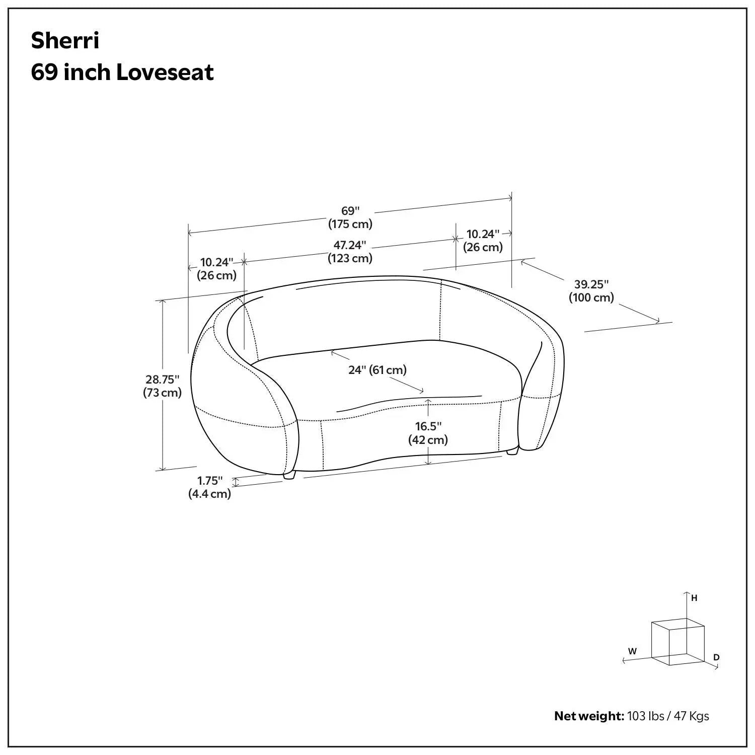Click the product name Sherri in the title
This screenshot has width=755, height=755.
point(65,41)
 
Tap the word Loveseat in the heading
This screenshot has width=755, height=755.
point(165,72)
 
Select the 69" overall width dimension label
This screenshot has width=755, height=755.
point(351,211)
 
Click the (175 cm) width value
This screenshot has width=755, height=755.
point(350,224)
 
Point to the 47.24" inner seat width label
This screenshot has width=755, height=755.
point(350,245)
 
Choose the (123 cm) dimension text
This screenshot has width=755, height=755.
point(350,258)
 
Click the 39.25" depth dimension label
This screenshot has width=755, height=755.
point(591,284)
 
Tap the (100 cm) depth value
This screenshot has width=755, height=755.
point(591,297)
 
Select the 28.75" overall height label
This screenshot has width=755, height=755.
point(163,380)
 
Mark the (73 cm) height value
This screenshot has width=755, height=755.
point(163,393)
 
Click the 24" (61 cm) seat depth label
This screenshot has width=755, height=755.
point(377,370)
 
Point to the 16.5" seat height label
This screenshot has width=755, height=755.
point(428,426)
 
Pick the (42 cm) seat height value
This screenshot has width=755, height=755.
point(428,439)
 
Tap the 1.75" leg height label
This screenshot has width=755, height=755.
point(210,481)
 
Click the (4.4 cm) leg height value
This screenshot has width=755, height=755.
point(210,494)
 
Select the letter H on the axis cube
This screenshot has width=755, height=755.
point(694,598)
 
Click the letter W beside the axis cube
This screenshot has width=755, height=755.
point(633,651)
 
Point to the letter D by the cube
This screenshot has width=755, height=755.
point(716,657)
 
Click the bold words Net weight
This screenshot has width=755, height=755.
point(589,716)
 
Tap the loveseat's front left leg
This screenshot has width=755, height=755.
point(289,475)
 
